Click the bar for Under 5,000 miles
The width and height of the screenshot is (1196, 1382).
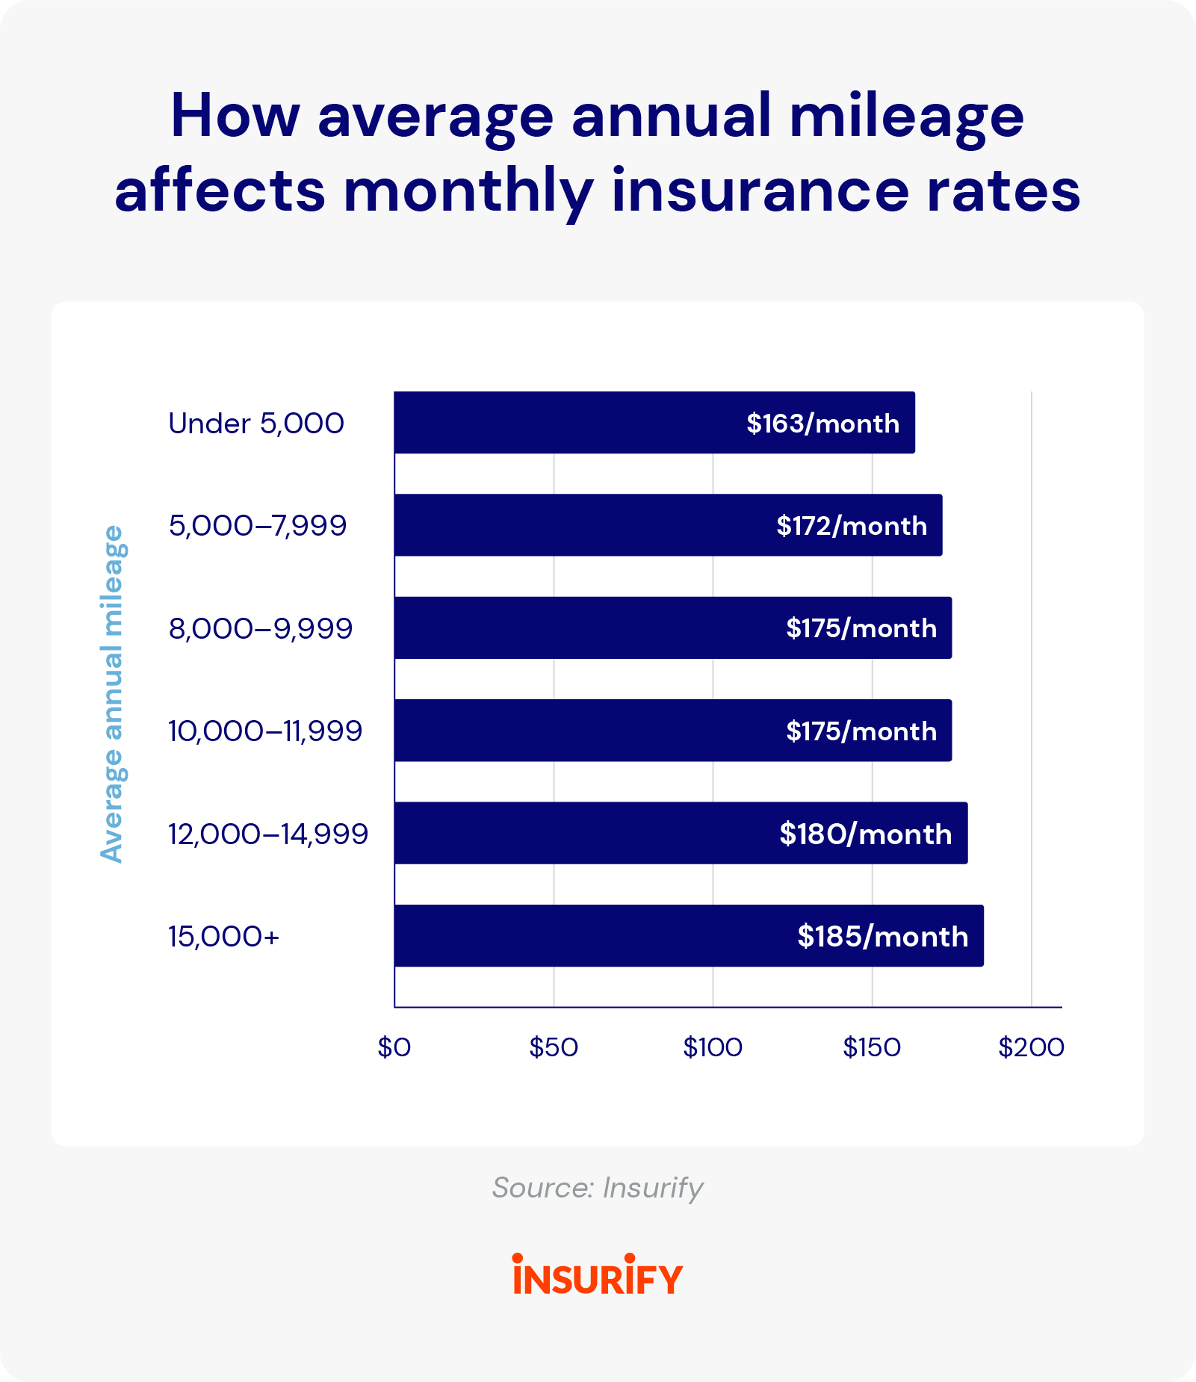[x=568, y=423]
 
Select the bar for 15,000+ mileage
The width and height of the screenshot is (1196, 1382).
[x=590, y=936]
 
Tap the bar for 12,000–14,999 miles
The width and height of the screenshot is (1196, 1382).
[x=583, y=834]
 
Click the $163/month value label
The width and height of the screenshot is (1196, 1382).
[x=822, y=424]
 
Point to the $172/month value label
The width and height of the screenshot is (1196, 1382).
[x=852, y=526]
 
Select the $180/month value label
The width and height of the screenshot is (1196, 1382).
[x=865, y=834]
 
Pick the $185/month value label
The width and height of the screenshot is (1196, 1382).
[x=882, y=937]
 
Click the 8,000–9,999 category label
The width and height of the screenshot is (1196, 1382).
[x=260, y=629]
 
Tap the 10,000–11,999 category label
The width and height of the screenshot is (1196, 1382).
[x=265, y=731]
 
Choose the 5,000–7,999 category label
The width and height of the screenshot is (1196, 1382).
[x=258, y=526]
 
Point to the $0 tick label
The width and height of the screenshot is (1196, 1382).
[x=394, y=1048]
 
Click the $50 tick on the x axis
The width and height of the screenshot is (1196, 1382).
[x=554, y=1048]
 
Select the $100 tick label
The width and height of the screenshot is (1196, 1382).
[x=713, y=1048]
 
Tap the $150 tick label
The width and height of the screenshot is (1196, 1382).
[x=872, y=1048]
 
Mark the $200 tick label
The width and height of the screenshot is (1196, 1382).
[x=1031, y=1048]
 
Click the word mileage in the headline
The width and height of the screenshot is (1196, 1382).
[x=906, y=118]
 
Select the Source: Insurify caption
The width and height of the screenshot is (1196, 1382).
[x=598, y=1188]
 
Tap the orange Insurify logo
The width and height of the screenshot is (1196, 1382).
[x=598, y=1275]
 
